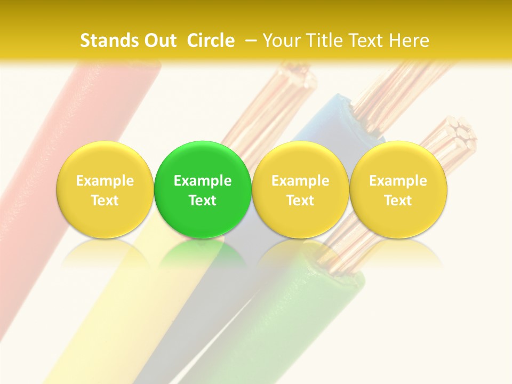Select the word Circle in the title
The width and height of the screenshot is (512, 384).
pyautogui.click(x=211, y=41)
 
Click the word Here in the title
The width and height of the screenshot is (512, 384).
pyautogui.click(x=409, y=41)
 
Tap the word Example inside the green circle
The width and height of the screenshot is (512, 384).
pyautogui.click(x=203, y=181)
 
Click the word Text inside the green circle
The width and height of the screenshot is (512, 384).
pyautogui.click(x=203, y=201)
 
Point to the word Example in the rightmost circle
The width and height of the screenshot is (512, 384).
pyautogui.click(x=398, y=181)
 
